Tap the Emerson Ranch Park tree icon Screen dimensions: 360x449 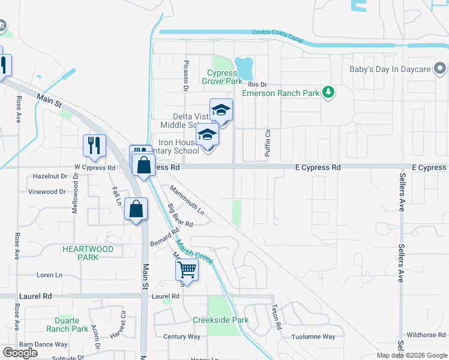coord(328,92)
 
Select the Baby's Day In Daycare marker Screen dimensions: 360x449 coord(441,69)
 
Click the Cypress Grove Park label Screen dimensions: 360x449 coord(222,77)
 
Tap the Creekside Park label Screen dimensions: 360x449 coord(220,320)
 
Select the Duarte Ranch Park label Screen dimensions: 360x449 coord(67,325)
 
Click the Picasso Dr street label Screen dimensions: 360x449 coord(186,75)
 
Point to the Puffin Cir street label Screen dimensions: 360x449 coord(268,143)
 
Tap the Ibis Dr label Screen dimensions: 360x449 coord(255,85)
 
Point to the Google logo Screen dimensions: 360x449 coord(20,353)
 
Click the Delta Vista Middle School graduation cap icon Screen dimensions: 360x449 coord(221,110)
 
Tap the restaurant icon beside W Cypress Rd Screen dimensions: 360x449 coord(95,146)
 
